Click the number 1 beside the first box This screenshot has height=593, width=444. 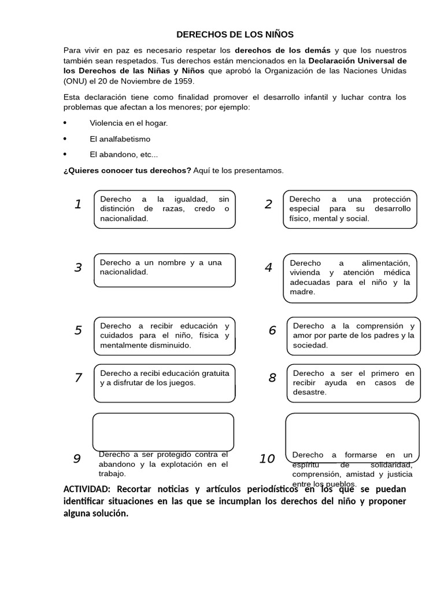point(78,204)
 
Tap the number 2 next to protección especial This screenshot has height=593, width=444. point(268,204)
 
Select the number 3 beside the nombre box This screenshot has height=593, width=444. point(78,268)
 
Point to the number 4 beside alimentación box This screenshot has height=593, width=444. point(268,268)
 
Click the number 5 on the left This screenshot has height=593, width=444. point(78,331)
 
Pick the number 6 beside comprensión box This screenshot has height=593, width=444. point(272,331)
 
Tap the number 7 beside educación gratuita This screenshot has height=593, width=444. point(78,378)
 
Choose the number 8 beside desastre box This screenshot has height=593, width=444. point(272,378)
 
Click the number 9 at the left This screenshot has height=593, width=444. point(77,459)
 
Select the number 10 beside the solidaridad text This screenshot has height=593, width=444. point(267,459)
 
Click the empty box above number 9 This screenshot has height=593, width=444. point(164,432)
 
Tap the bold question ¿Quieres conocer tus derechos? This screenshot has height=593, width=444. point(127,170)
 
